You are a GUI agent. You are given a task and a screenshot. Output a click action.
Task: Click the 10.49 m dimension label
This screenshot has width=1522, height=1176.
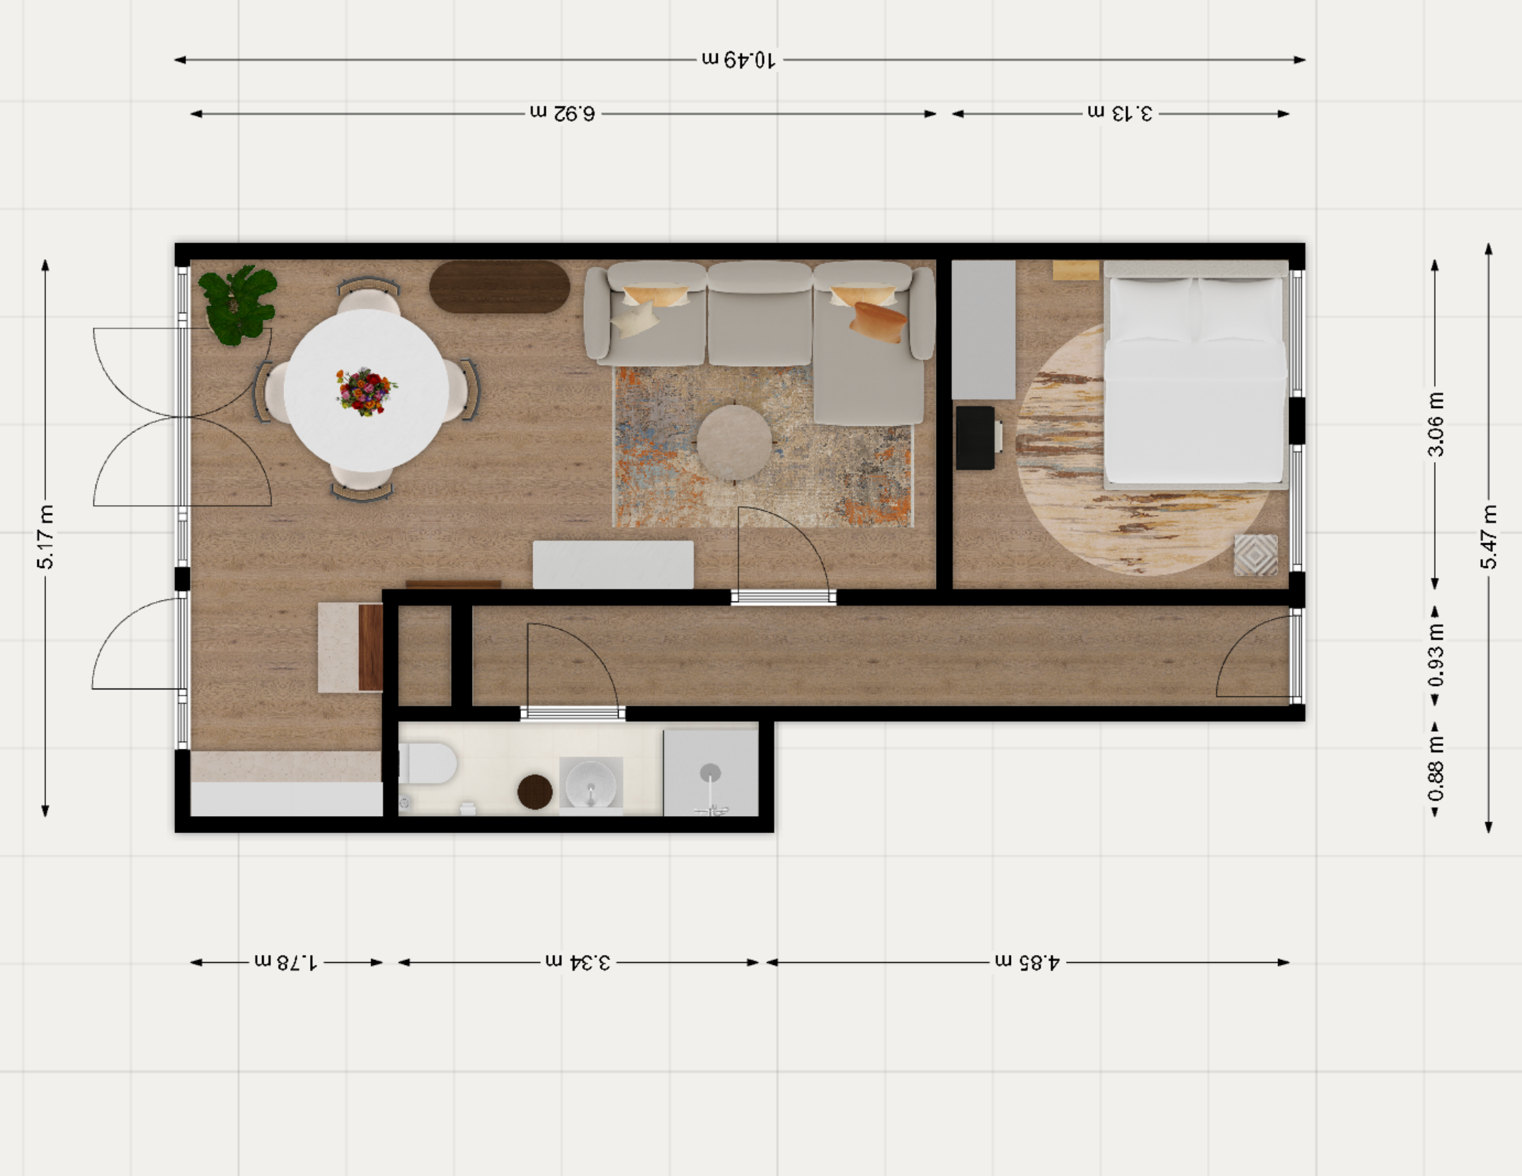pyautogui.click(x=739, y=60)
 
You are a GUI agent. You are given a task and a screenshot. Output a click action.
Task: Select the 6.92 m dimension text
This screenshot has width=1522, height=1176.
pyautogui.click(x=563, y=113)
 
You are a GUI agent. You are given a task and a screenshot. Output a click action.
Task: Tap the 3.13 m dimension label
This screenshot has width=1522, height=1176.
pyautogui.click(x=1120, y=113)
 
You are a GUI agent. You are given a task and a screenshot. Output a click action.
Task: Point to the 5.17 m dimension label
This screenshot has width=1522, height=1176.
pyautogui.click(x=46, y=538)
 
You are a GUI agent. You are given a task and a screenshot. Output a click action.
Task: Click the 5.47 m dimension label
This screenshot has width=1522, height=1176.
pyautogui.click(x=1488, y=538)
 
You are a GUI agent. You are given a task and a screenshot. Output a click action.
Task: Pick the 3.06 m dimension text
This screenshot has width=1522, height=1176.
pyautogui.click(x=1435, y=424)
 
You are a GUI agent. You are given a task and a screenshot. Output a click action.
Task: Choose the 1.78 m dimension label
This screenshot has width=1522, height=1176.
pyautogui.click(x=286, y=962)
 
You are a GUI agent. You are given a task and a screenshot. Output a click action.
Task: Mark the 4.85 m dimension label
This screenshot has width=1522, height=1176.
pyautogui.click(x=1027, y=962)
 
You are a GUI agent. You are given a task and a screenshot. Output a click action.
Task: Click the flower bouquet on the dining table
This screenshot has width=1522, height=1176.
pyautogui.click(x=365, y=391)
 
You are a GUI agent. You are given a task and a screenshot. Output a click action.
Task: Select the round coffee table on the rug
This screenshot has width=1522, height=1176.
pyautogui.click(x=734, y=443)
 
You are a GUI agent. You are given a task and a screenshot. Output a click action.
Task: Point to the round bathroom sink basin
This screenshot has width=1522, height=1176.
pyautogui.click(x=590, y=783)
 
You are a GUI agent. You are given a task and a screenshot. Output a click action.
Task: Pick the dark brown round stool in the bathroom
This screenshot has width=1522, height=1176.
pyautogui.click(x=534, y=791)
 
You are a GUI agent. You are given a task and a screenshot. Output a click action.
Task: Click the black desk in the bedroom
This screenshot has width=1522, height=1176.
pyautogui.click(x=975, y=438)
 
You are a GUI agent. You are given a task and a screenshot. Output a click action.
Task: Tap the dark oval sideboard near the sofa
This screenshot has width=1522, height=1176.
pyautogui.click(x=499, y=287)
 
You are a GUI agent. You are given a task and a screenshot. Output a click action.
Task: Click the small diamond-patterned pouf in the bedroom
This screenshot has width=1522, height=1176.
pyautogui.click(x=1255, y=555)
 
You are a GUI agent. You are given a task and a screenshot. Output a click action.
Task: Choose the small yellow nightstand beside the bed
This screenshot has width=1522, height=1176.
pyautogui.click(x=1075, y=271)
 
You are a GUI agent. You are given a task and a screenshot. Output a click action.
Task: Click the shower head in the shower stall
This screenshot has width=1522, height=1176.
pyautogui.click(x=710, y=774)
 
